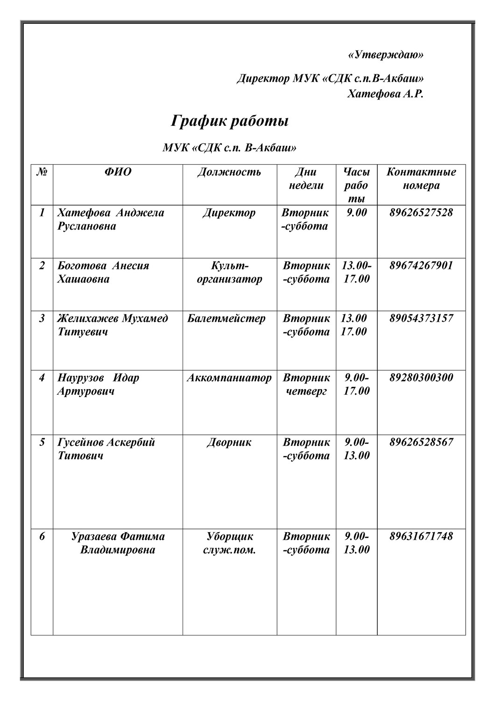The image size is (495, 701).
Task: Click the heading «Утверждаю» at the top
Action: [x=386, y=55]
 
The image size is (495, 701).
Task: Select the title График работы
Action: [x=230, y=121]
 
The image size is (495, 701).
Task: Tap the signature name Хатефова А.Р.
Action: [x=385, y=94]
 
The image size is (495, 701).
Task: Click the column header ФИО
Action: [x=118, y=172]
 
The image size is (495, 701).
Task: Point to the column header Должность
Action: [x=229, y=172]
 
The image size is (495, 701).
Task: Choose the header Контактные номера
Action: [x=421, y=179]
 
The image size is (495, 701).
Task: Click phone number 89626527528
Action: [x=421, y=213]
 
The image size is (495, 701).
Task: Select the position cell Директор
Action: [x=229, y=213]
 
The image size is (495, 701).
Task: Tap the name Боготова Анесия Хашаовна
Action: [x=103, y=272]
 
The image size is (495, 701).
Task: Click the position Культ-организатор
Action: [x=229, y=272]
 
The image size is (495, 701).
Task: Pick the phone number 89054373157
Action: [x=421, y=318]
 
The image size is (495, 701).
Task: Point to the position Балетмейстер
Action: [x=226, y=318]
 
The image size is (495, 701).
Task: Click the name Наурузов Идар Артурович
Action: [x=98, y=384]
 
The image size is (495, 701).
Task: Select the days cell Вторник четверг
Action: [x=306, y=384]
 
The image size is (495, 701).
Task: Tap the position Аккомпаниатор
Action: [x=229, y=378]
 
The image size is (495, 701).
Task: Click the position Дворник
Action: [x=229, y=442]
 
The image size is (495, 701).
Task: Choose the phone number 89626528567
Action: [x=421, y=442]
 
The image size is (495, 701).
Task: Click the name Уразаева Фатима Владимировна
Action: [x=118, y=543]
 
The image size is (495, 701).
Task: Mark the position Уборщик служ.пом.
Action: [x=229, y=543]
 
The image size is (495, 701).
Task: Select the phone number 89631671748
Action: [x=421, y=536]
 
